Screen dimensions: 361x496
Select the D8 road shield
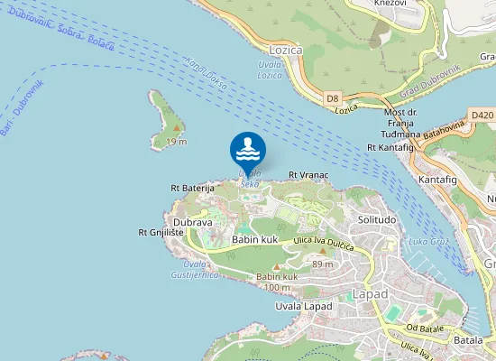tap(333, 97)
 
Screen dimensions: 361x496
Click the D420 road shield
tap(482, 116)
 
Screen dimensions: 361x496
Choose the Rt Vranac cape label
tap(308, 174)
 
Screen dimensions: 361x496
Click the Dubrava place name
tap(192, 221)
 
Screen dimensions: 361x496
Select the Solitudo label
tap(377, 220)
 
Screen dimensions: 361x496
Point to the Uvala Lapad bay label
tap(304, 307)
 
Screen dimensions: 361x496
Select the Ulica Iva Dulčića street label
tap(321, 241)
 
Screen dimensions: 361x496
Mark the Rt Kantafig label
tap(390, 147)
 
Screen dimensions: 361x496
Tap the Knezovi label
tap(390, 5)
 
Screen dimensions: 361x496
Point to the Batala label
tap(468, 341)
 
